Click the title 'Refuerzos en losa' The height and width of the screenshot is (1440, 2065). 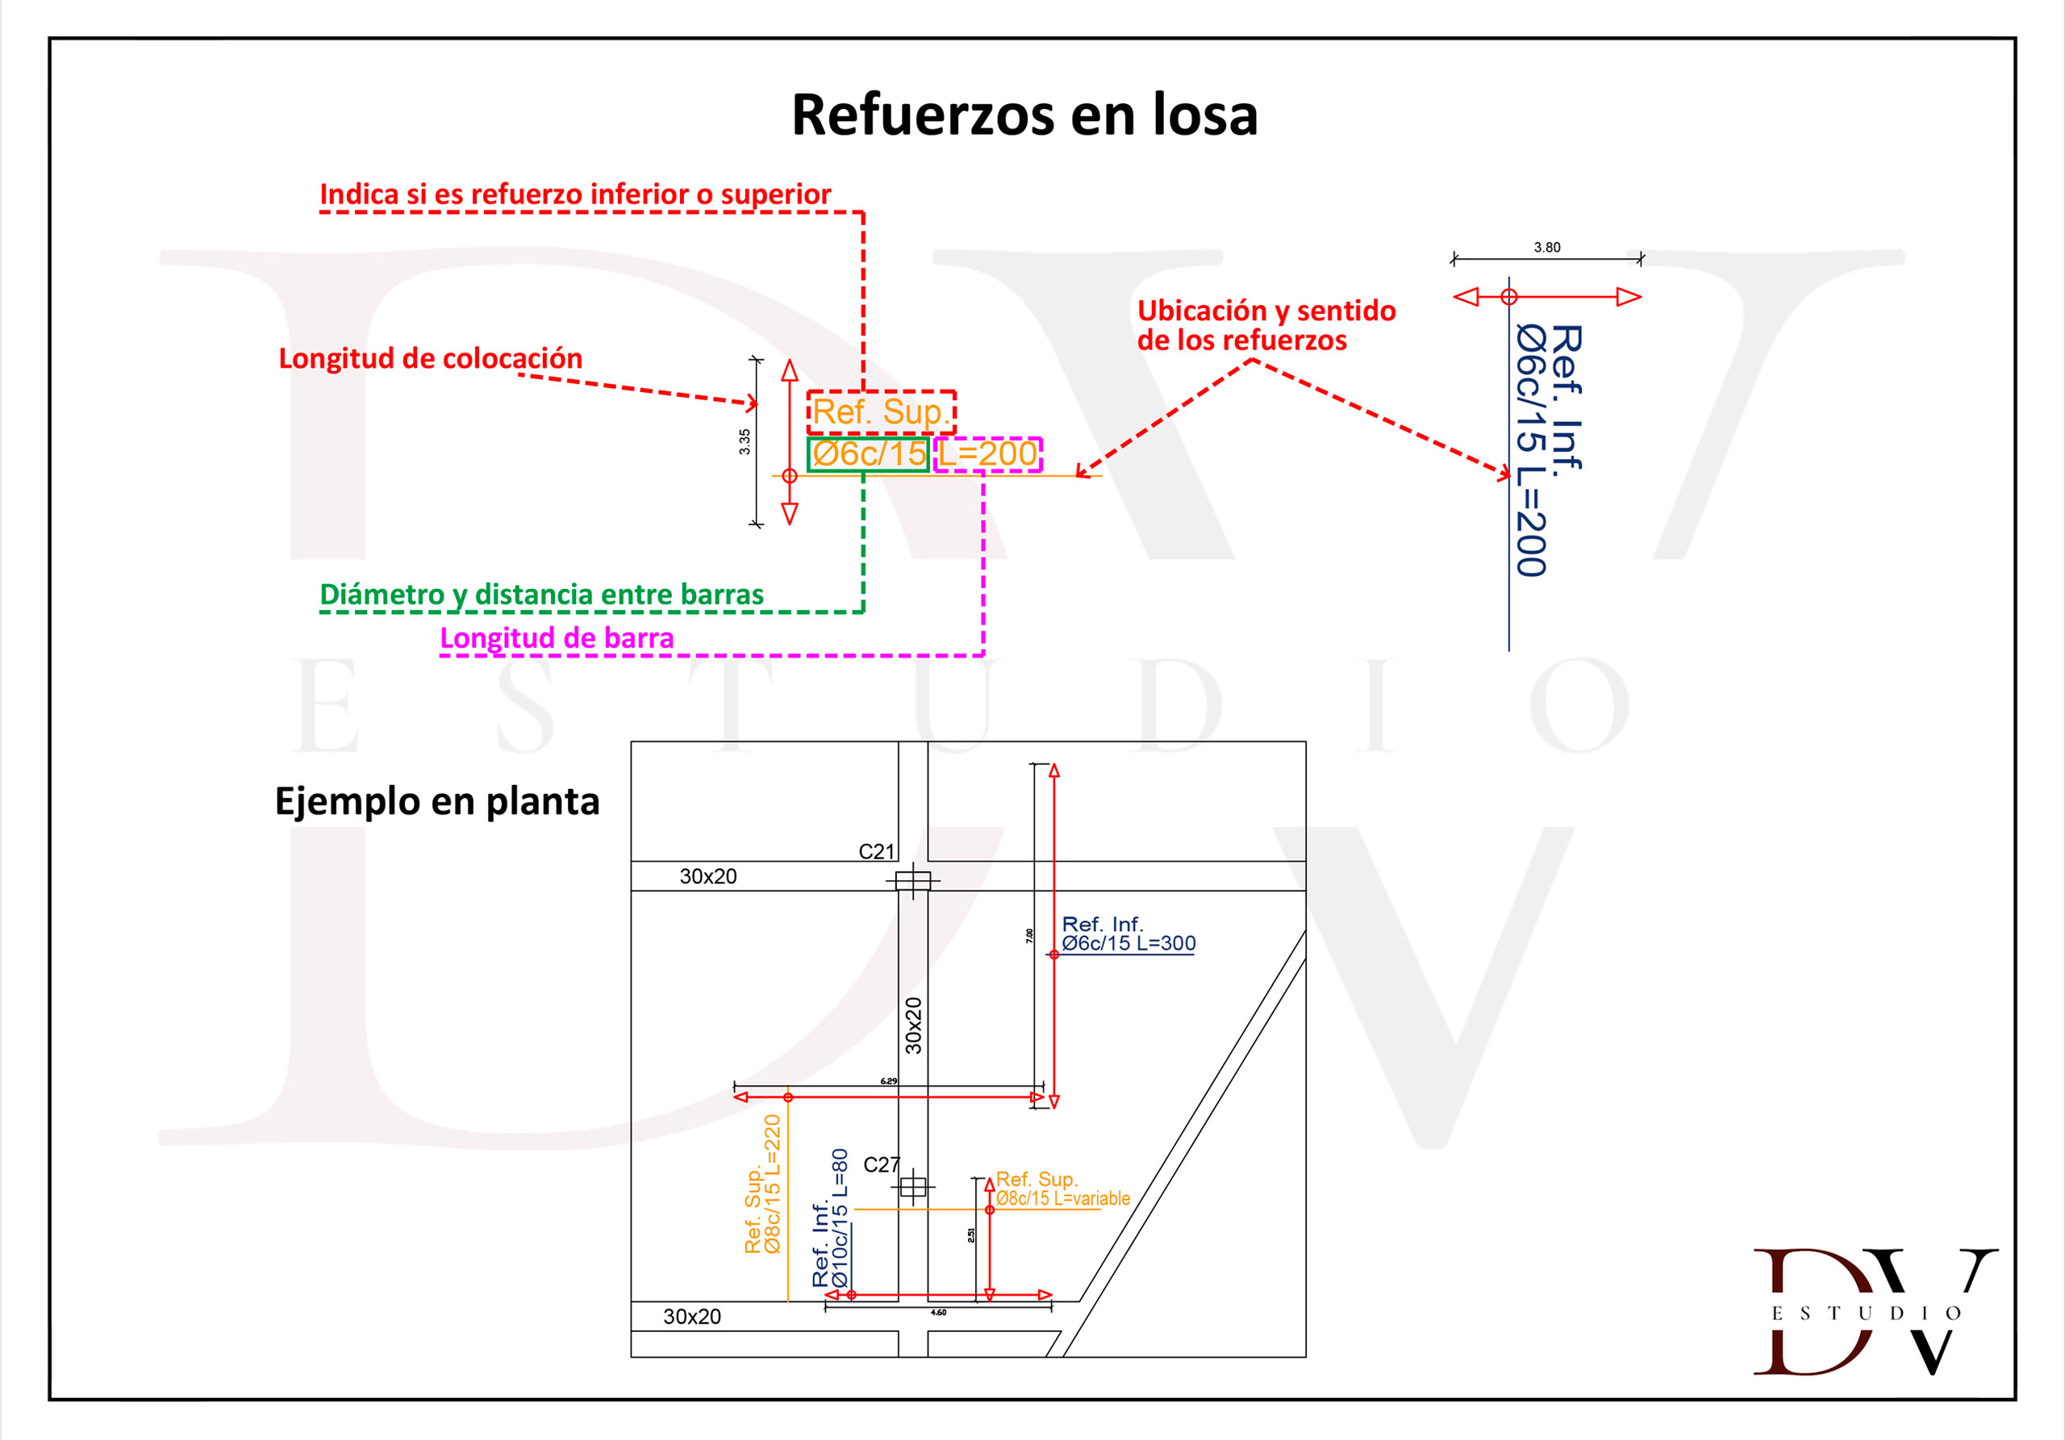coord(1024,115)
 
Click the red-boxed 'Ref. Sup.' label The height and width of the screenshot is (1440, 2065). coord(881,412)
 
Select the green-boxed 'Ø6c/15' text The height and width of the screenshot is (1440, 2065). coord(868,453)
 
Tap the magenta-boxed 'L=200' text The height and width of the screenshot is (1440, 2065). coord(987,453)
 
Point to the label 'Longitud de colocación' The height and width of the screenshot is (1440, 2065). coord(430,358)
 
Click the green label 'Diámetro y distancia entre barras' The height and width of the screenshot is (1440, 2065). coord(541,595)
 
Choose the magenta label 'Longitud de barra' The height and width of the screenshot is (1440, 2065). coord(557,637)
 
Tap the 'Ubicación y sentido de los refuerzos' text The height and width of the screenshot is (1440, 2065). coord(1266,324)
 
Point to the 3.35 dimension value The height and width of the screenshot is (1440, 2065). coord(745,440)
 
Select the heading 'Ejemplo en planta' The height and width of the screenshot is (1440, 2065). coord(437,800)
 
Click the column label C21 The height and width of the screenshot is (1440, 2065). coord(876,851)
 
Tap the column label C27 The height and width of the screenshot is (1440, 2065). coord(881,1165)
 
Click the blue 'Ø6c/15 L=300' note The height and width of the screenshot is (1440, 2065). coord(1128,944)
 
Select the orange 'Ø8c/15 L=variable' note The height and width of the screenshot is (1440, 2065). coord(1062,1198)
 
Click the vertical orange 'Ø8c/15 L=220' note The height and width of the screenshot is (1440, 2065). coord(773,1183)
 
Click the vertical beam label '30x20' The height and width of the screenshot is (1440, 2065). coord(913,1025)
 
